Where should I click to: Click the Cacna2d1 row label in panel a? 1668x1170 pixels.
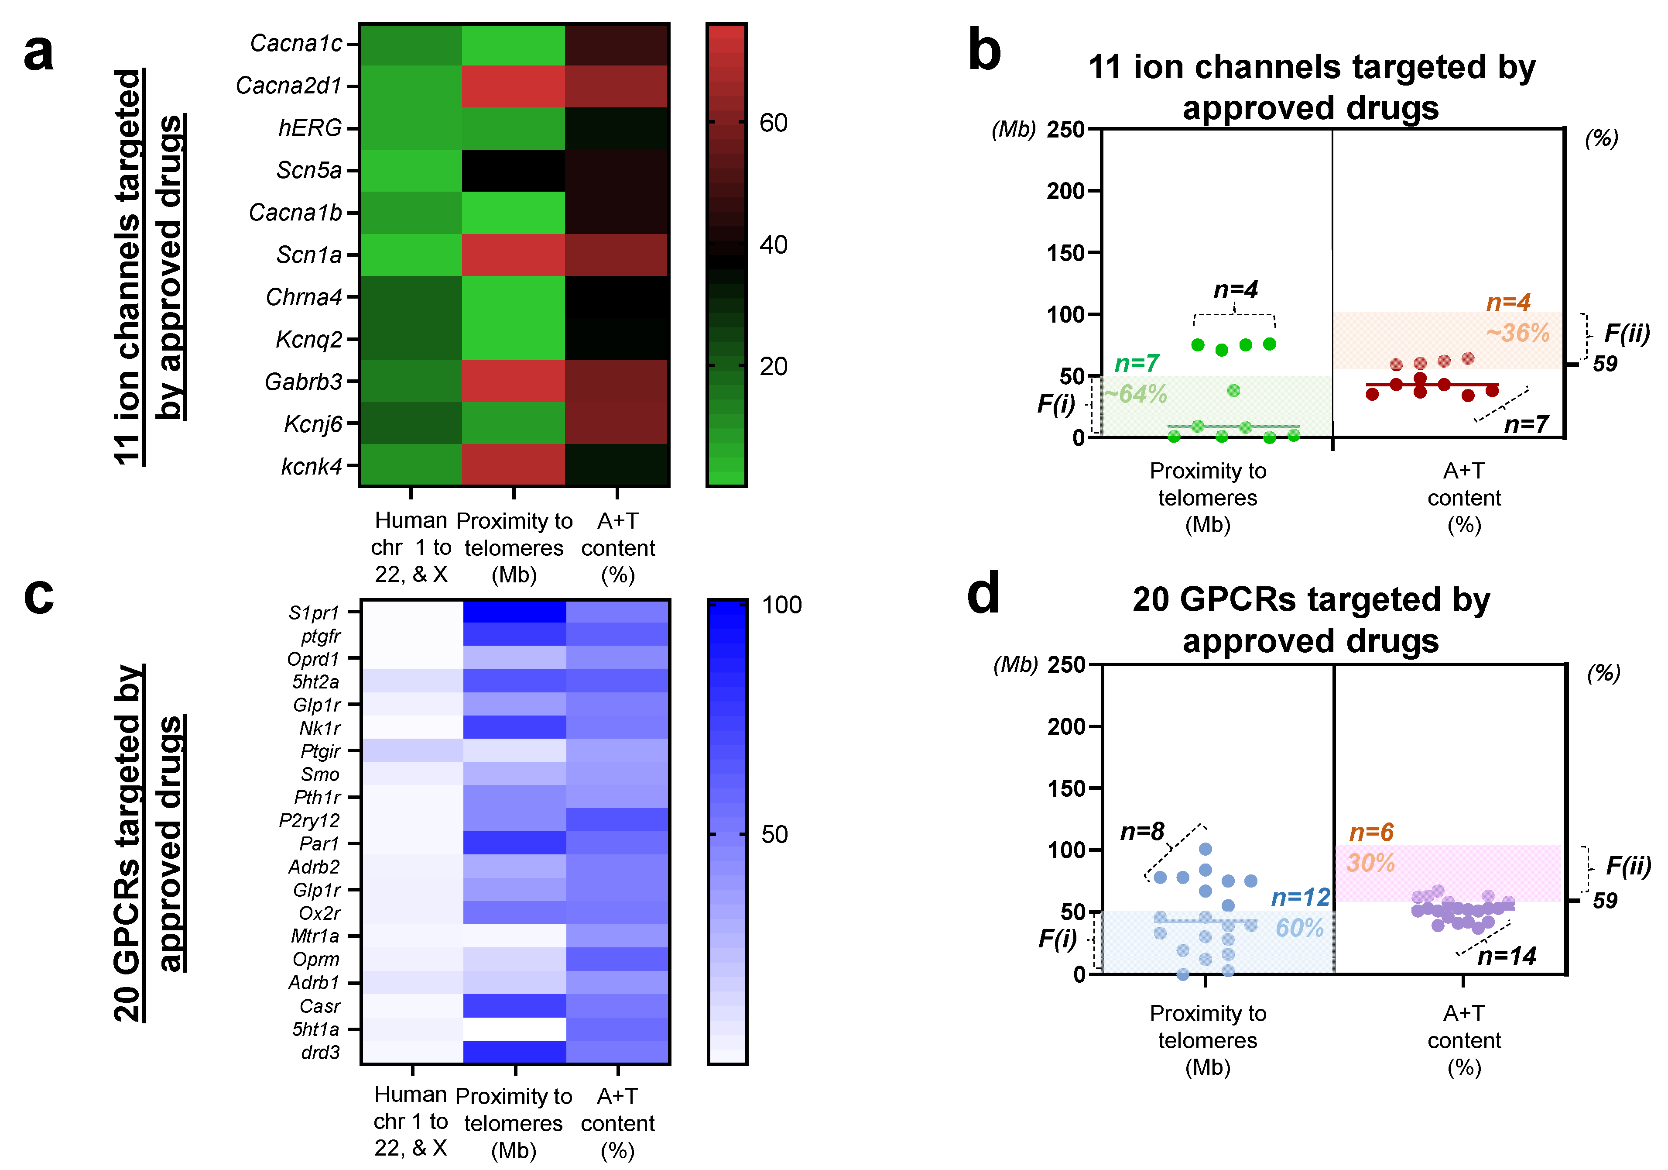tap(288, 86)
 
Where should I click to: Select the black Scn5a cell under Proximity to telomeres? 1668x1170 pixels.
tap(513, 171)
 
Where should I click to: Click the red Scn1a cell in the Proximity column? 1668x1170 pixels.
tap(513, 255)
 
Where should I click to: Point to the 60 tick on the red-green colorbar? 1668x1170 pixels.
tap(774, 123)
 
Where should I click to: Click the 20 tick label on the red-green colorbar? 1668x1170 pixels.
tap(774, 366)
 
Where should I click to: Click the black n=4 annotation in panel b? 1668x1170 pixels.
tap(1235, 290)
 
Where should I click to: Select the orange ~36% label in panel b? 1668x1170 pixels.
tap(1517, 333)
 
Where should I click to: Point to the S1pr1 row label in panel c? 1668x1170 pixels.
tap(314, 613)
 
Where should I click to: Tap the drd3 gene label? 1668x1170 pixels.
tap(320, 1052)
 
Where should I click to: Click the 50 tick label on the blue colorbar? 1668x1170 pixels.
tap(774, 834)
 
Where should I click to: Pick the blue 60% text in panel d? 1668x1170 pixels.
tap(1300, 928)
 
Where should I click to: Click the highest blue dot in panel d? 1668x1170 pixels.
tap(1205, 849)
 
